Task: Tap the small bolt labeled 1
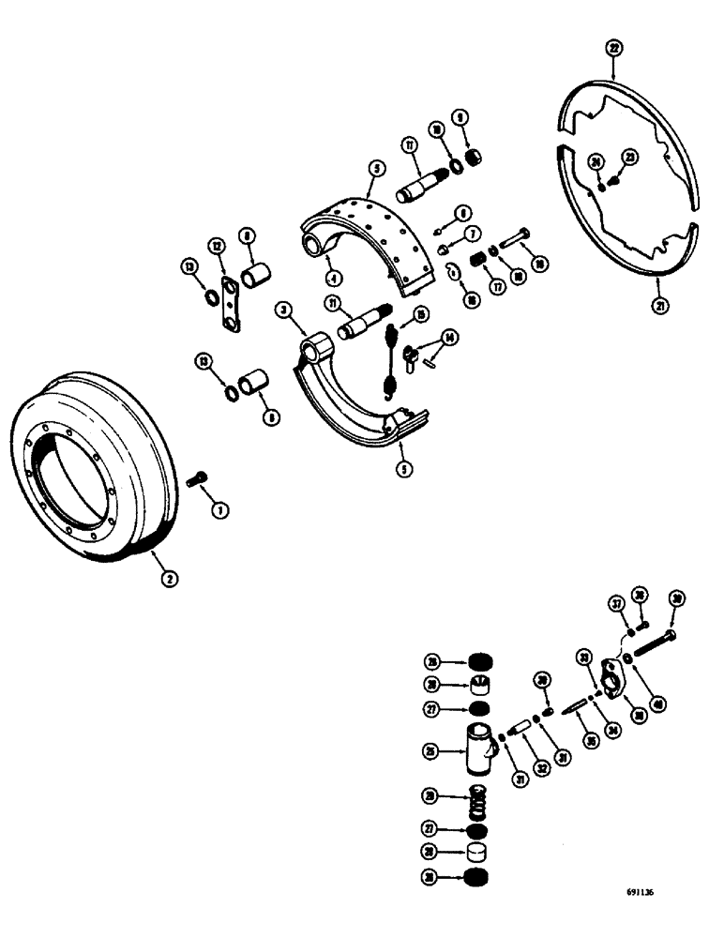tap(195, 480)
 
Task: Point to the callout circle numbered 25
tap(430, 749)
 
